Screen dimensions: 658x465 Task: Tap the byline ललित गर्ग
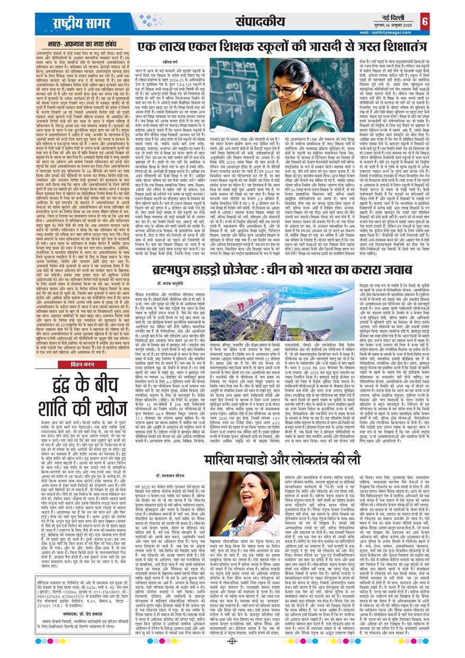[160, 65]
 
